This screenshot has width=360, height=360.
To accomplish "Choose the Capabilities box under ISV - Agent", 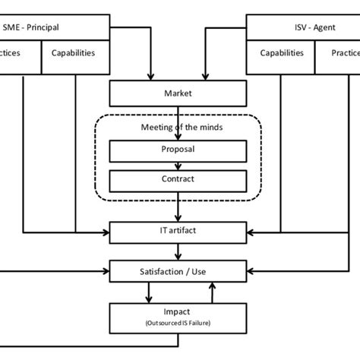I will [282, 54].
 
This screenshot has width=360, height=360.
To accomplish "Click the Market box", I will [178, 94].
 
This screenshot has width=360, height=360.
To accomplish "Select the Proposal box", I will [178, 150].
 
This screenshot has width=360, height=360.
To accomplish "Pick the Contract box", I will [178, 180].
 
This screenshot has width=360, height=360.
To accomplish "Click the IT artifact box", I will [178, 230].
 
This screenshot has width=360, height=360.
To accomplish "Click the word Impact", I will [178, 311].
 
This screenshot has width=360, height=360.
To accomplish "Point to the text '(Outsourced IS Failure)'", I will [178, 322].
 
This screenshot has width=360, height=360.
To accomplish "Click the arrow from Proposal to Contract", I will [178, 166].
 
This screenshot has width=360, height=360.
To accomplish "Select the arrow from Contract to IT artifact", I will [178, 205].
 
